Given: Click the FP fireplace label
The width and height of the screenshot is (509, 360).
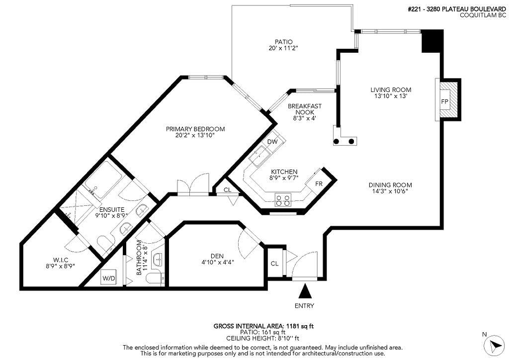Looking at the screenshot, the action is [444, 101].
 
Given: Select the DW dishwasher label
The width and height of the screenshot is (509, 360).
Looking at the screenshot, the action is [272, 142].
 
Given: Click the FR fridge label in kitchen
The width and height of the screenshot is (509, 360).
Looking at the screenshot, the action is [319, 184].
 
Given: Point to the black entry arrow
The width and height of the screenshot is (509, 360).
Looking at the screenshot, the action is [305, 291].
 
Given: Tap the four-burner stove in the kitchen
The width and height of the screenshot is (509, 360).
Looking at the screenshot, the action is [283, 199].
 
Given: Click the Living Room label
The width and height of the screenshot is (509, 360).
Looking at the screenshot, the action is [391, 90].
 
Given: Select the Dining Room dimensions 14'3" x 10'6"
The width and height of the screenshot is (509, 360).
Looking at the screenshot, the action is [390, 191].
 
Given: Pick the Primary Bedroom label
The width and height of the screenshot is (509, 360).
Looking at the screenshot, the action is [195, 129].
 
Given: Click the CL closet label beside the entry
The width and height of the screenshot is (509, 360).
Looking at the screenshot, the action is [274, 264].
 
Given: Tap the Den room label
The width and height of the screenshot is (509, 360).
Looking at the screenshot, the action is [217, 256].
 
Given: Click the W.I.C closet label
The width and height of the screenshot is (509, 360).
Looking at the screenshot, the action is [60, 259].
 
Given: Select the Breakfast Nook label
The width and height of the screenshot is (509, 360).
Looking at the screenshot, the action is [305, 109].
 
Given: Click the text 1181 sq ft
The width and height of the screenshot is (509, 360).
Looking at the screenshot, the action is [300, 326].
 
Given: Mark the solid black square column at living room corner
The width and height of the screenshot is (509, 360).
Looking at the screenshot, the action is [432, 41].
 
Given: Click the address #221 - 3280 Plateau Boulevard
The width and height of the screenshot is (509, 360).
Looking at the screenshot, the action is [457, 9].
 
